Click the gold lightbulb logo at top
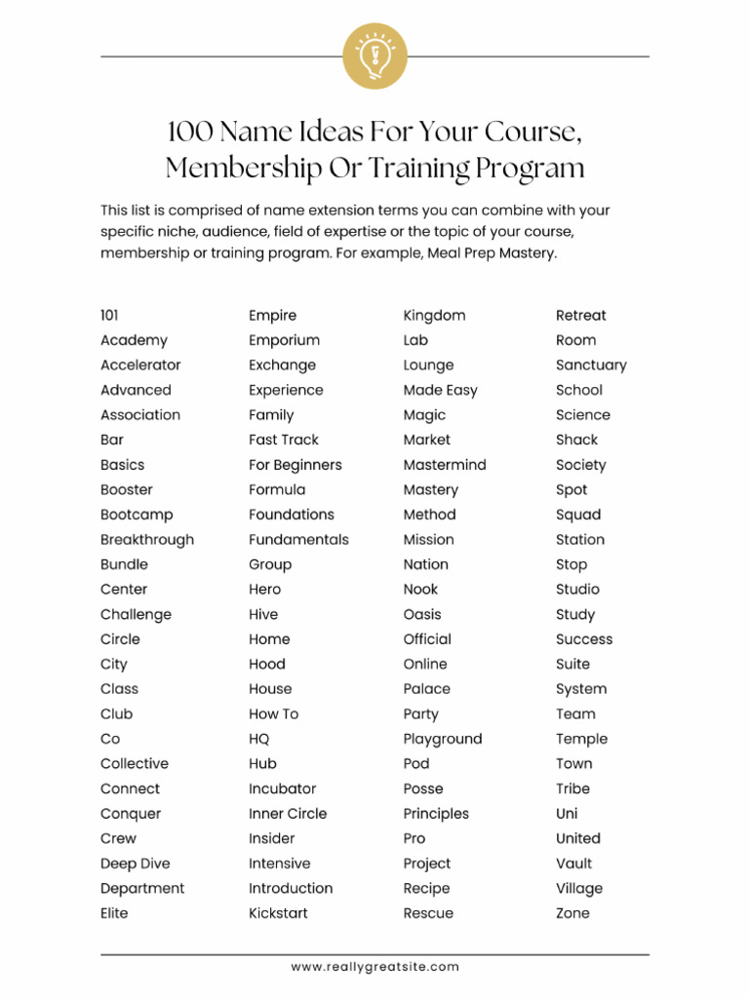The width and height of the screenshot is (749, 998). tap(374, 56)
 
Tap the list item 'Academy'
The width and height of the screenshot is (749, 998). tap(134, 340)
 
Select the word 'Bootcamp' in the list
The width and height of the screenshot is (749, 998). tap(137, 515)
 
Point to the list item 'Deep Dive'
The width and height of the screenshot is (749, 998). tap(135, 864)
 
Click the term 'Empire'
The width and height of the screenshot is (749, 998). tap(272, 316)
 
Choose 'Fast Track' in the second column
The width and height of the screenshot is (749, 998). tap(284, 440)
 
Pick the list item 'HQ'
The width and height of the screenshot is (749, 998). tap(259, 739)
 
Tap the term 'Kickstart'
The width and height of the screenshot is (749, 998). tap(278, 913)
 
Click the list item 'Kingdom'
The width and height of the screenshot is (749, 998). tap(434, 316)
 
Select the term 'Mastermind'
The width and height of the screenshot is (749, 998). tap(445, 465)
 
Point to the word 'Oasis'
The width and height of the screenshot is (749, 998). tap(422, 615)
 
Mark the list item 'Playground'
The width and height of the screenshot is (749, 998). tap(443, 739)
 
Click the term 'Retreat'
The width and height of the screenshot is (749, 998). tap(581, 316)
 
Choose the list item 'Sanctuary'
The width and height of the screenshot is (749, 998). tap(591, 365)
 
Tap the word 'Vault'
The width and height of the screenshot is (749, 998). tap(574, 864)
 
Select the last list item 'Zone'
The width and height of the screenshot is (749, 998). tap(572, 913)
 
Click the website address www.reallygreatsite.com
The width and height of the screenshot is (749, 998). tap(374, 967)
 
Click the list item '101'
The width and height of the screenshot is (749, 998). tap(109, 316)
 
